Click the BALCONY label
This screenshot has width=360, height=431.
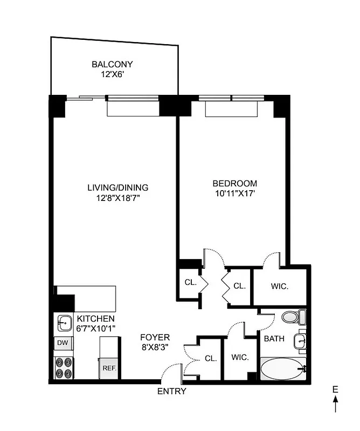(x=112, y=65)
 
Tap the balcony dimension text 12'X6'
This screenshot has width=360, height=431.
(x=112, y=75)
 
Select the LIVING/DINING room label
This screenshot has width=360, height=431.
(x=118, y=188)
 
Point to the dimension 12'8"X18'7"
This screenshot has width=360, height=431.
(x=118, y=198)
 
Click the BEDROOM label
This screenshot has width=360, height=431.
(x=235, y=183)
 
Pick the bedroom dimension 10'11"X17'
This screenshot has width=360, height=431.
(x=235, y=193)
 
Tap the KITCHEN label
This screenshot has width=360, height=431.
(x=95, y=318)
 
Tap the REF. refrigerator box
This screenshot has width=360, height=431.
(x=110, y=369)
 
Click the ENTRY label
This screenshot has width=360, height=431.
(x=171, y=392)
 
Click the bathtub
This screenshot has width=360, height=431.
(x=282, y=370)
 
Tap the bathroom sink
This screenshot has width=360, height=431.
(x=300, y=340)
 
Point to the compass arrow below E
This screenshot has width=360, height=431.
(x=335, y=400)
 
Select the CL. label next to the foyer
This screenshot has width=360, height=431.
(x=210, y=358)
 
